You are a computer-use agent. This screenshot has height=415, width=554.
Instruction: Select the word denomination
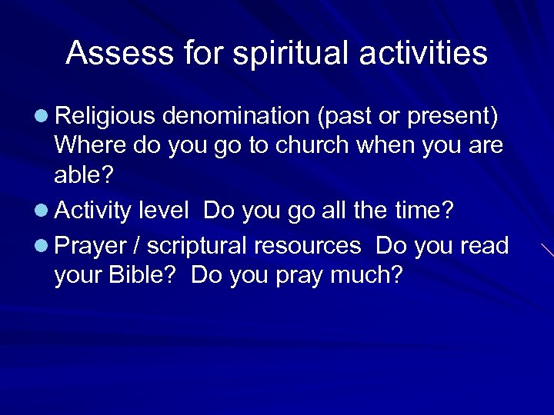click(234, 116)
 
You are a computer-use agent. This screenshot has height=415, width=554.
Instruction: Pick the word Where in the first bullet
click(90, 145)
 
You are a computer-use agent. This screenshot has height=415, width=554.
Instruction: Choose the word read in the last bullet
click(484, 246)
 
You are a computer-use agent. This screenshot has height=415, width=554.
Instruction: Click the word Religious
click(105, 117)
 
